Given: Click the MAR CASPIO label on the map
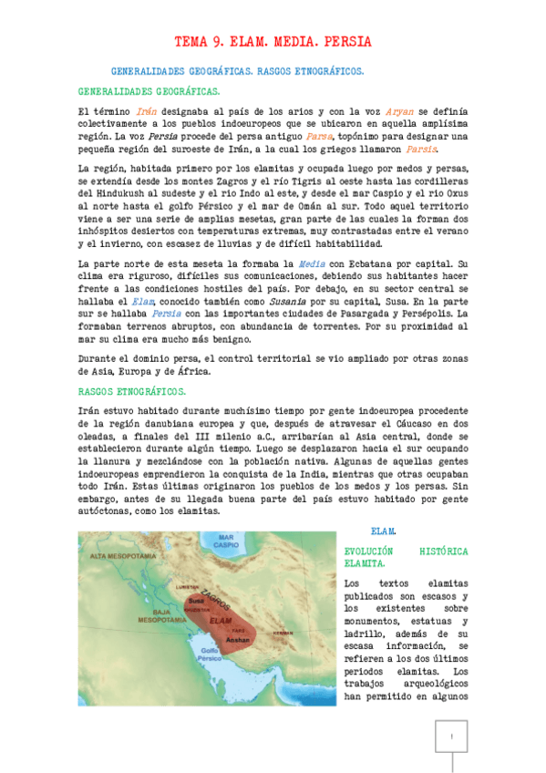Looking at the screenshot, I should tap(225, 544).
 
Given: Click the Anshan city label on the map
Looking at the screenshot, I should tap(236, 639).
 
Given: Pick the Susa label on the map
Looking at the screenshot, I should tap(195, 601).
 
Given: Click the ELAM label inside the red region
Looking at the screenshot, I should tap(220, 620).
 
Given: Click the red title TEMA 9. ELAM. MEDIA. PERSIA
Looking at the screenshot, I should tap(273, 42).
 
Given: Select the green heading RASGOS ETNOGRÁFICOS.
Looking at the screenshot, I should tap(132, 391).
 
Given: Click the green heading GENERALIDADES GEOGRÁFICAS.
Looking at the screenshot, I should tap(149, 92).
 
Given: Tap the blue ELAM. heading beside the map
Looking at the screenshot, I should tap(384, 530).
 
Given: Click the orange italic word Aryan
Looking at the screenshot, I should tap(404, 110).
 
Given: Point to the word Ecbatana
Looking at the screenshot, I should tap(371, 263).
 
